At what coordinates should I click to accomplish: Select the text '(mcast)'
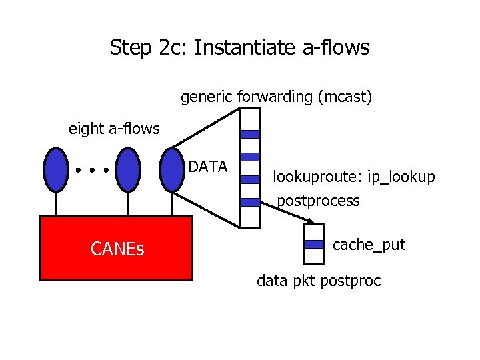tap(345, 97)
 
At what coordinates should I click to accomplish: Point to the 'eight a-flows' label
tap(114, 128)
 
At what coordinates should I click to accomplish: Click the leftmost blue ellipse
tap(56, 170)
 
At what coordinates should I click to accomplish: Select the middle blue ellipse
tap(127, 170)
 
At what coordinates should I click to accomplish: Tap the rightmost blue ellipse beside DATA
tap(173, 170)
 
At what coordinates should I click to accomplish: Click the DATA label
tap(208, 167)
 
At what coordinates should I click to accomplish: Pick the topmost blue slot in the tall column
tap(249, 134)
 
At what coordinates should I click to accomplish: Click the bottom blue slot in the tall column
tap(249, 202)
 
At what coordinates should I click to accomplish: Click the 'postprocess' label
tap(318, 200)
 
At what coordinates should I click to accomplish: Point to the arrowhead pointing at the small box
tap(311, 222)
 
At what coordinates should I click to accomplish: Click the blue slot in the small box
tap(313, 245)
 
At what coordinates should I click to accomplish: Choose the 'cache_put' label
tap(369, 245)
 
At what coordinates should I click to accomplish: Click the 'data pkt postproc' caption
tap(319, 281)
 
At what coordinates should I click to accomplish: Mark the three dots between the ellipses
tap(92, 171)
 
